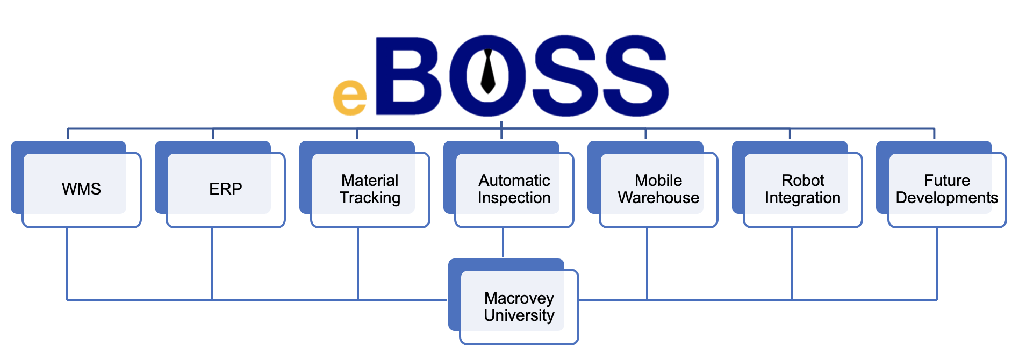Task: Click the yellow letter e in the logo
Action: (x=350, y=97)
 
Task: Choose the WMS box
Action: (x=81, y=189)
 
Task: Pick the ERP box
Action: (x=226, y=189)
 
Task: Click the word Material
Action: (x=370, y=181)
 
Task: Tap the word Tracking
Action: (x=370, y=198)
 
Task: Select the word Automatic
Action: (x=514, y=181)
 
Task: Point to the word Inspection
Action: (x=514, y=198)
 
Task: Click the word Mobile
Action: (x=658, y=181)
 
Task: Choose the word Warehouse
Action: (x=658, y=198)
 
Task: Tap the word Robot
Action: (x=803, y=181)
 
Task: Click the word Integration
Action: (x=803, y=198)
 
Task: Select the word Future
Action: (x=947, y=181)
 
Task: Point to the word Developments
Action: (x=947, y=198)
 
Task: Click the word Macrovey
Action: (x=519, y=298)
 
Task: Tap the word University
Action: (x=519, y=315)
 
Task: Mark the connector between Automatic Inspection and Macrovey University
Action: (x=503, y=243)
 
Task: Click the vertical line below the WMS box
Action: (x=67, y=263)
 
